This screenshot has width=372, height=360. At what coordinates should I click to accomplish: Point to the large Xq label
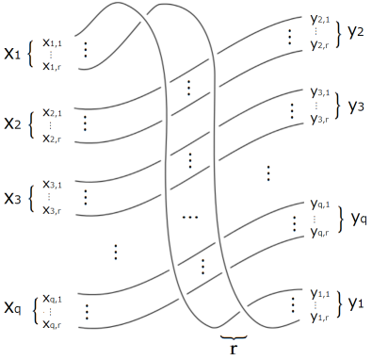point(15,308)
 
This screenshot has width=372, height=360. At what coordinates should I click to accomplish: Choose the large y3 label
point(356,106)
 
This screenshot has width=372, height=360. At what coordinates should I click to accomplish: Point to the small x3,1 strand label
point(56,185)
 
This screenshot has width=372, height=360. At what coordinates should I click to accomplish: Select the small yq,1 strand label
point(321,205)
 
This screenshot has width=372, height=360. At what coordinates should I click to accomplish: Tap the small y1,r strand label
point(321,317)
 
